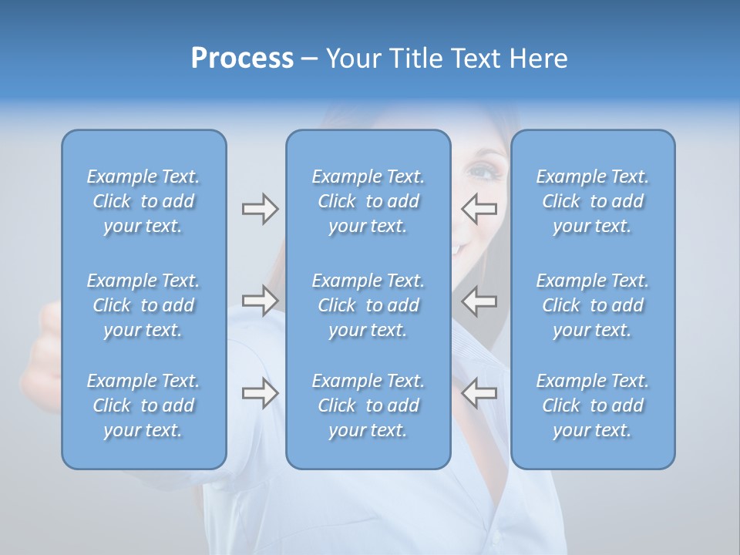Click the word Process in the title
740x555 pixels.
pos(242,59)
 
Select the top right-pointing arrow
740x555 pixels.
pos(260,209)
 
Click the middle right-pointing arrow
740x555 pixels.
pos(260,301)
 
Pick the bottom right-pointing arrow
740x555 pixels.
pos(260,393)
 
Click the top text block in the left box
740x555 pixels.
pos(143,201)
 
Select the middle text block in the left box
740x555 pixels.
pos(143,305)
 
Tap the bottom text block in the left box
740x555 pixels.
pos(143,405)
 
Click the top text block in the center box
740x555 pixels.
pos(368,201)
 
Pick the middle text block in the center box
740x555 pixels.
pos(368,305)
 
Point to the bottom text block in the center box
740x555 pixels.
pos(368,405)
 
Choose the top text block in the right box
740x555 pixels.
pos(593,201)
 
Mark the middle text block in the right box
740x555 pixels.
pos(593,305)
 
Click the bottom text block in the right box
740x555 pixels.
pos(593,405)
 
